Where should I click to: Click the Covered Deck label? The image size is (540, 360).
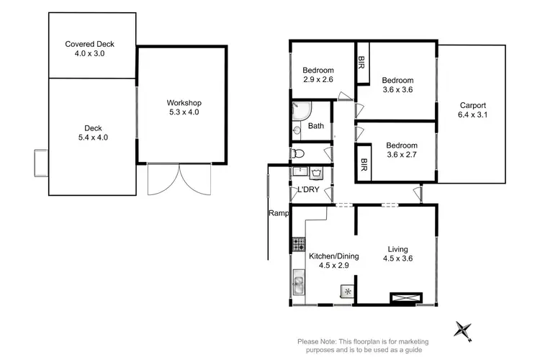(x=89, y=48)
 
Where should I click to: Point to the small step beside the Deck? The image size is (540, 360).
(x=41, y=163)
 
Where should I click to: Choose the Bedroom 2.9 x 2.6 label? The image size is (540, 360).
(x=318, y=76)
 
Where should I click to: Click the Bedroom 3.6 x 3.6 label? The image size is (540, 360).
(x=397, y=85)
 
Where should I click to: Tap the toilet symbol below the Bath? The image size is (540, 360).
(x=300, y=153)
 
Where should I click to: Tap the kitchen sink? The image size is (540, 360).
(x=297, y=287)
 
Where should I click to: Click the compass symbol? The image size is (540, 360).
(x=463, y=329)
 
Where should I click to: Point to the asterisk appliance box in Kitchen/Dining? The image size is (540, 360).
(x=348, y=292)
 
